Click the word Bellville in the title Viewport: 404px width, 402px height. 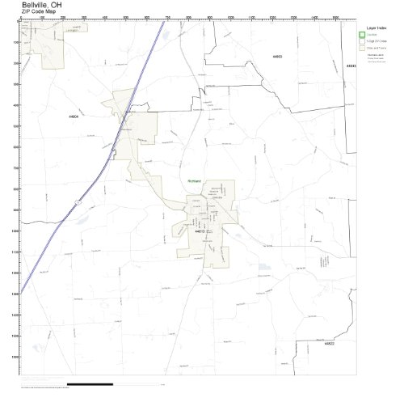pos(35,5)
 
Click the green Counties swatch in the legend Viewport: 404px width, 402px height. pos(363,35)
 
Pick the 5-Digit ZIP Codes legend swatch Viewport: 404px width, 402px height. pos(363,41)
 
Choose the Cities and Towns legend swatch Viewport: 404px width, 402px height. pos(363,48)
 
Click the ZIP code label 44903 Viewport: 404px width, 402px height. pos(277,57)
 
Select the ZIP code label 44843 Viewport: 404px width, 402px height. pos(351,66)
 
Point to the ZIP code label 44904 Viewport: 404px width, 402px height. pos(74,117)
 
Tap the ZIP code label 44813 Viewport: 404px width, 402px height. pos(200,231)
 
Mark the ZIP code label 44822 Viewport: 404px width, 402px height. pos(329,343)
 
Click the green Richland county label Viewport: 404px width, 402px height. pos(194,181)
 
